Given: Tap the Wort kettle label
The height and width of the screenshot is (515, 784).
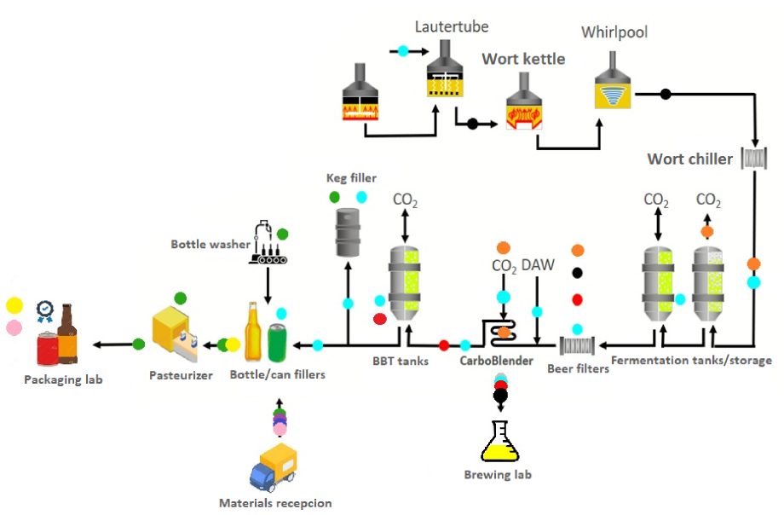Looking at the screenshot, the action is (x=523, y=59).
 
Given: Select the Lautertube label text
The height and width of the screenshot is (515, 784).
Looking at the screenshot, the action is (x=452, y=26).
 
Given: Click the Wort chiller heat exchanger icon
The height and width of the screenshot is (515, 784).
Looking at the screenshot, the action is (x=754, y=159).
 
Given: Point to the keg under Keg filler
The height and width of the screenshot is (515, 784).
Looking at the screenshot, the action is (x=348, y=232).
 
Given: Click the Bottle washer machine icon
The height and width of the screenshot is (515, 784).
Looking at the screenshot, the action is (x=268, y=242).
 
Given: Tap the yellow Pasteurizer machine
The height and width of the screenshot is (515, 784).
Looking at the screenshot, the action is (x=175, y=333).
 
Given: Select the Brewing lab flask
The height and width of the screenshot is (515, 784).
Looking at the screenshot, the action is (x=499, y=441).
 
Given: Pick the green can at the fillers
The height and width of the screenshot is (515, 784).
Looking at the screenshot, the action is (x=277, y=343).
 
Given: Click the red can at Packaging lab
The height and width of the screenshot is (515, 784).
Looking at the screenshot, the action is (x=48, y=349).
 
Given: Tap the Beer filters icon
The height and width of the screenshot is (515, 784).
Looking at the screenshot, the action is (x=577, y=346).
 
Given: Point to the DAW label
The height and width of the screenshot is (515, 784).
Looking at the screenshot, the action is (x=538, y=265).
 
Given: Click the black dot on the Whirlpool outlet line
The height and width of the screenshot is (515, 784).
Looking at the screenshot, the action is (x=666, y=94).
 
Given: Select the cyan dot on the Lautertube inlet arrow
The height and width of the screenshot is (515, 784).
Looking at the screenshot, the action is (x=403, y=50).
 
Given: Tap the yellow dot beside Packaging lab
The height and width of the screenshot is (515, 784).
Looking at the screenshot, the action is (x=14, y=305).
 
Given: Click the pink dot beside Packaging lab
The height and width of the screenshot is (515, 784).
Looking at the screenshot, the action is (x=14, y=327).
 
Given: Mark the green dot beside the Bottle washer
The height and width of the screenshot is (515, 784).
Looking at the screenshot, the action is (x=283, y=234).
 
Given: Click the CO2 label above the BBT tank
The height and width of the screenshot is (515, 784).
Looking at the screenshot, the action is (x=405, y=200).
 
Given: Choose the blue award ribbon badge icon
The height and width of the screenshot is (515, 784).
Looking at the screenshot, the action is (x=45, y=311).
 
